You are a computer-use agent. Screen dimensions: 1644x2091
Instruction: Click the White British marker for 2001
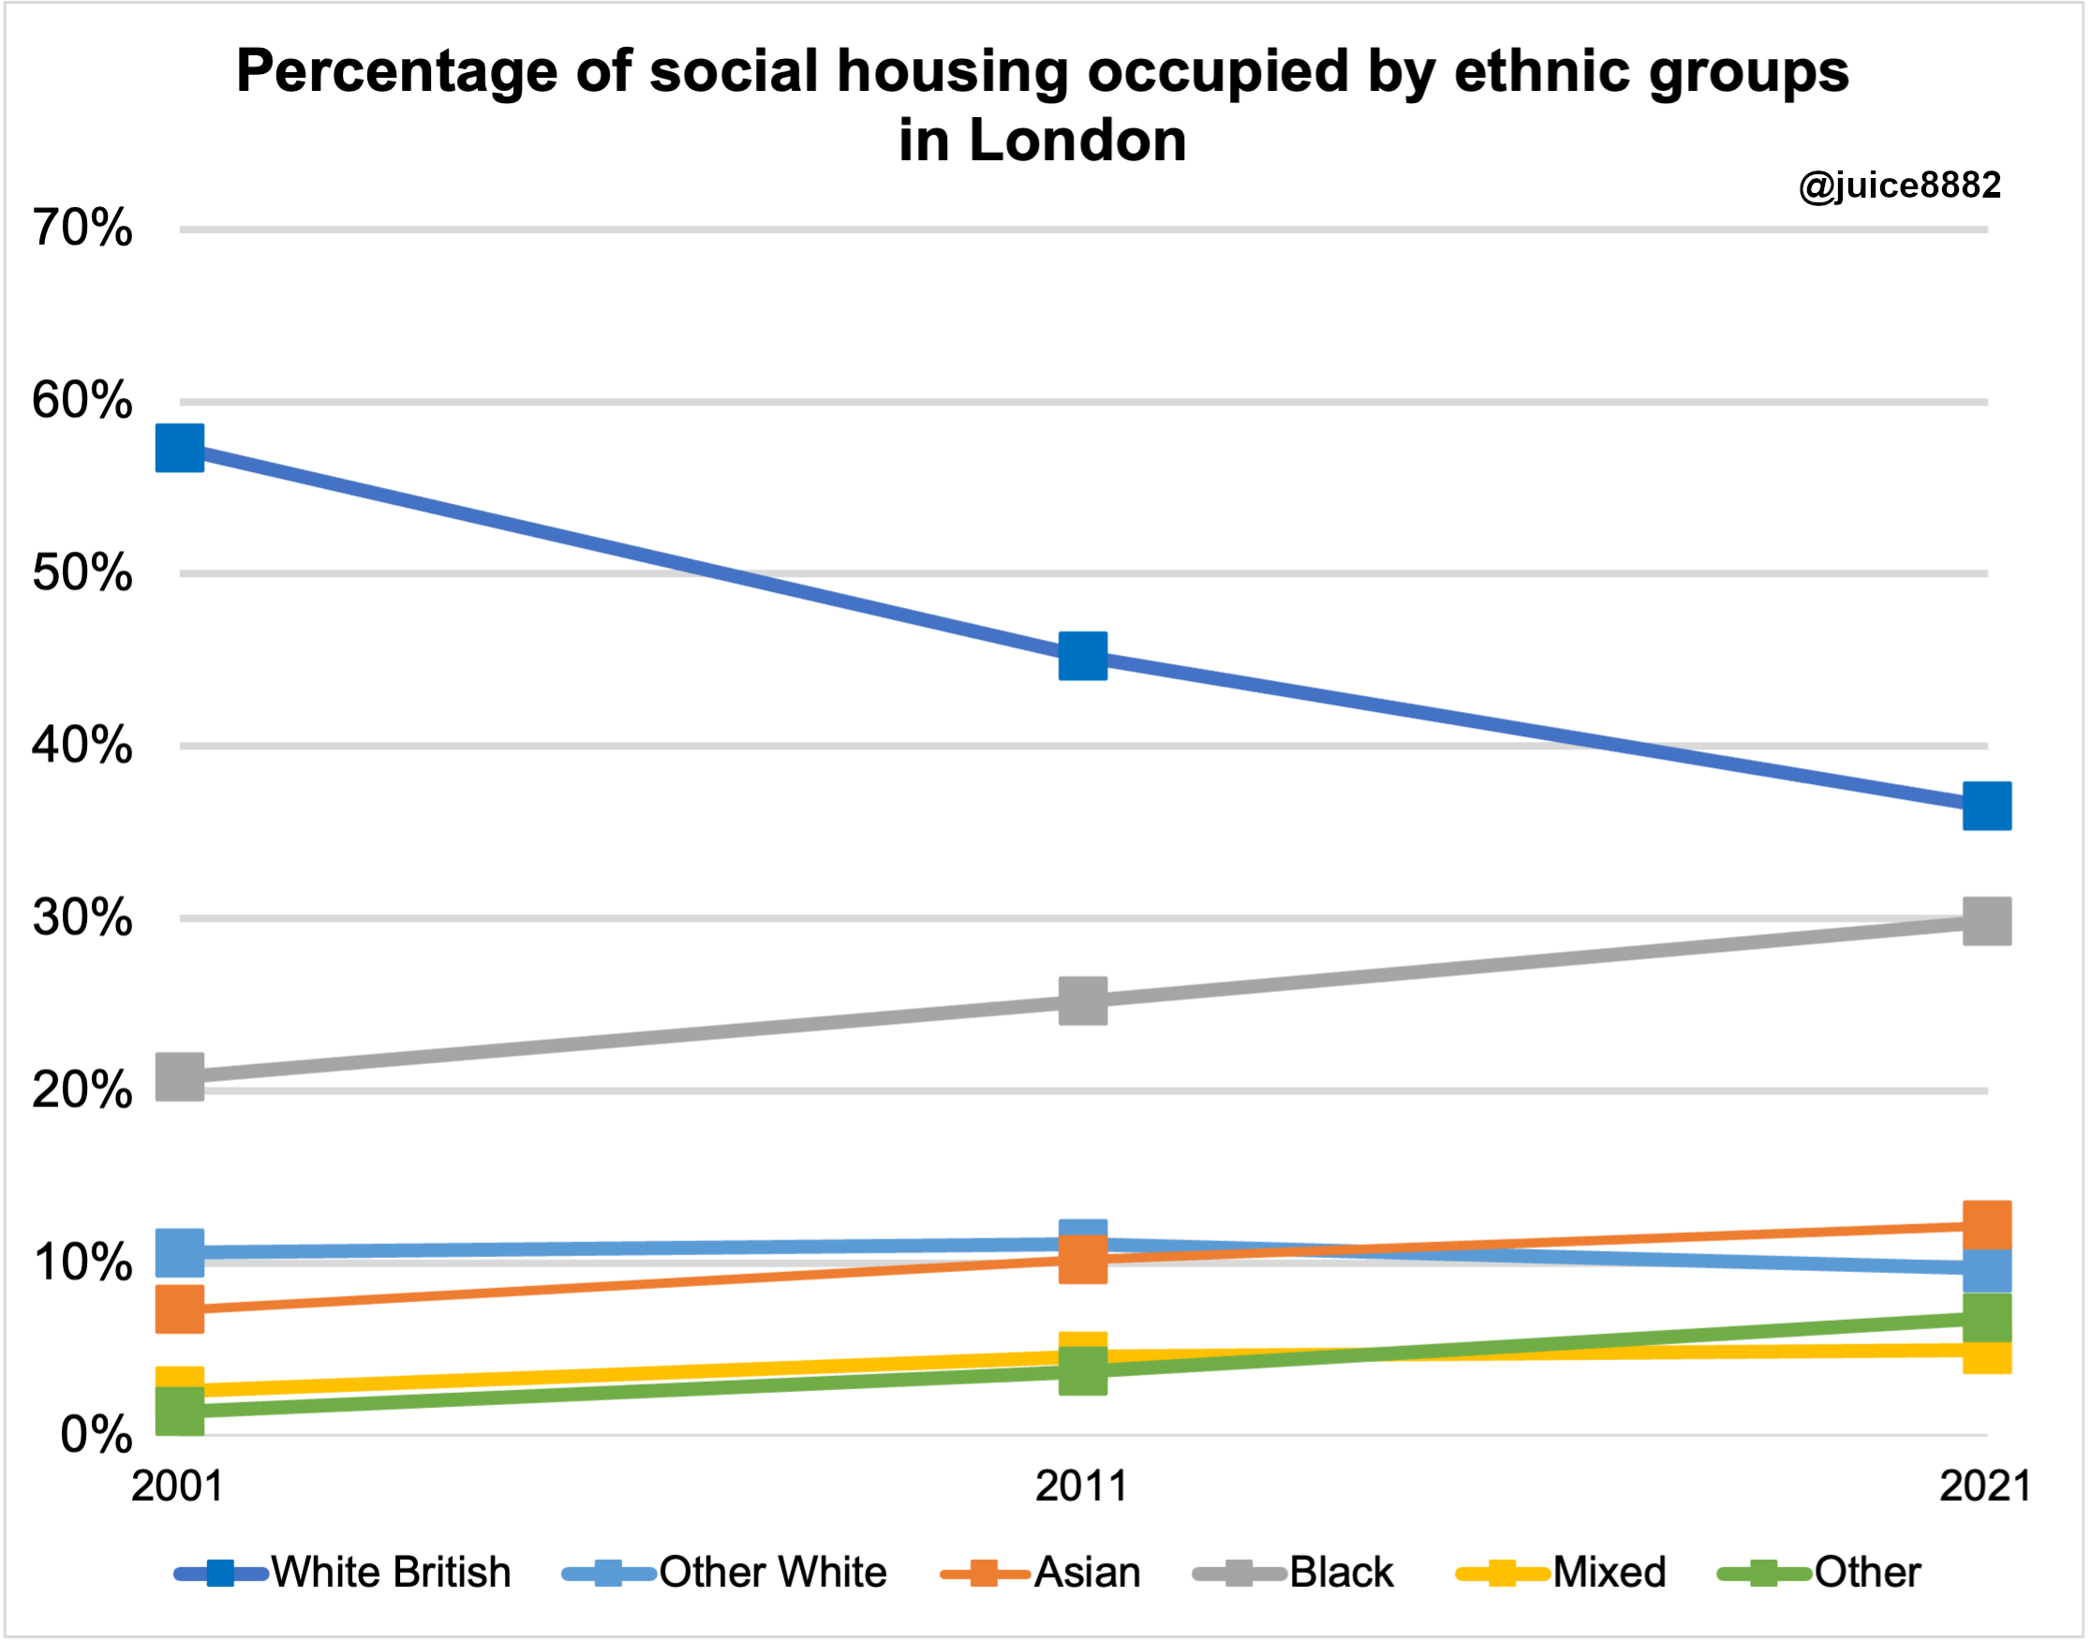(180, 448)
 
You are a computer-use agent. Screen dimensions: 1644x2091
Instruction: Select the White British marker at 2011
(1083, 657)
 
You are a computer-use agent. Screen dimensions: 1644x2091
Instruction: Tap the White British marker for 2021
(1987, 806)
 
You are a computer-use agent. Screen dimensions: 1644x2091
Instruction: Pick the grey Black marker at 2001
(180, 1076)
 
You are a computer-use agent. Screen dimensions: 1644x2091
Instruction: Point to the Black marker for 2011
(1083, 1001)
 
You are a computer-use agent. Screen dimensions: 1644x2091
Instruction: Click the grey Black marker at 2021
(1987, 921)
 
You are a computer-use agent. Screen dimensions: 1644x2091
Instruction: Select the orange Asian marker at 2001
(180, 1309)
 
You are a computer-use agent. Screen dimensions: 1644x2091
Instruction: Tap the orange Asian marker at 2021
(1987, 1224)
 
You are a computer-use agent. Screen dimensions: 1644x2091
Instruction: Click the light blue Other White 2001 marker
(180, 1252)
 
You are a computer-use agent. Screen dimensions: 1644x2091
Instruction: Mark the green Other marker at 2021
(1987, 1318)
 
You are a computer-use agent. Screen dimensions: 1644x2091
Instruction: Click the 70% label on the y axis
(82, 230)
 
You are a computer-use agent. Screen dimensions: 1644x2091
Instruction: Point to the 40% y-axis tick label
(82, 746)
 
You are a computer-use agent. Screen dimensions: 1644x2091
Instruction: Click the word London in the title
(1077, 141)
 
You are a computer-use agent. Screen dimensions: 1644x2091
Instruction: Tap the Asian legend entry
(1041, 1573)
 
